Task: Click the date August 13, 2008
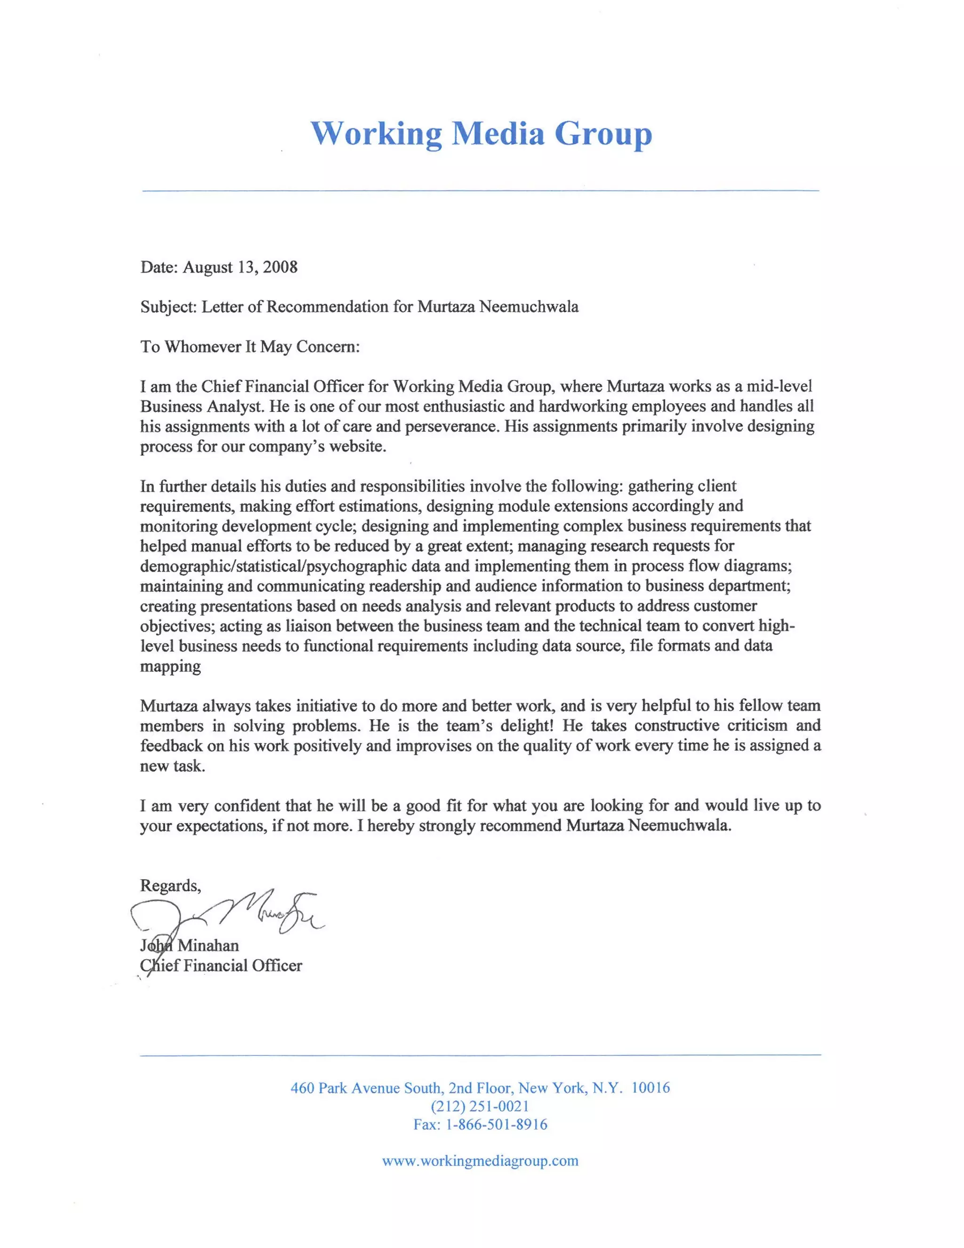pos(240,267)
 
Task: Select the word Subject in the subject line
pos(168,307)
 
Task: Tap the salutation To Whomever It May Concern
pos(250,347)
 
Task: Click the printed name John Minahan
pos(190,945)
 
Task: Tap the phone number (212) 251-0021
pos(480,1106)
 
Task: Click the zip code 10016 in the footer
pos(650,1087)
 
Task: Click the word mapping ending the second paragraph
pos(170,666)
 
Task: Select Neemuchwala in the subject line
pos(528,307)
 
